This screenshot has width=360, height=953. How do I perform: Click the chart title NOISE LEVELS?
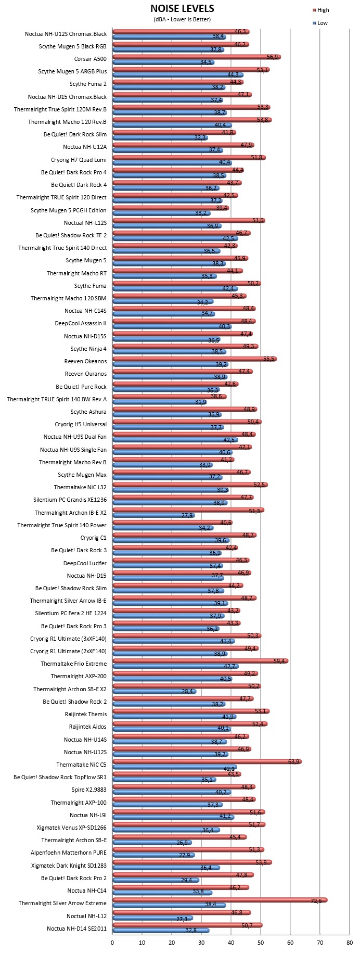pos(182,9)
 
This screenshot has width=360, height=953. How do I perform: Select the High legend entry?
pos(321,10)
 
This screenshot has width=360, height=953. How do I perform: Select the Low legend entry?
pos(320,23)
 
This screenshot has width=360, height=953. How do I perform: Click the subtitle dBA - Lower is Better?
pos(182,20)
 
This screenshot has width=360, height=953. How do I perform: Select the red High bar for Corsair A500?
pos(197,57)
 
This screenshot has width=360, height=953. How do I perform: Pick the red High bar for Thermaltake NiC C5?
pos(207,761)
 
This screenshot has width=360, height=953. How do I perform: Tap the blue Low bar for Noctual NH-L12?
pos(153,918)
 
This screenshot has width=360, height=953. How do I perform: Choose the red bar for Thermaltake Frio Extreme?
pos(200,660)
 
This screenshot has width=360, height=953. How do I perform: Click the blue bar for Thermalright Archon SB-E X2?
pos(155,691)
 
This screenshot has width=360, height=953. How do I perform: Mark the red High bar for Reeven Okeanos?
pos(195,359)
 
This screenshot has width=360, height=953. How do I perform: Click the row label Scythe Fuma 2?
pos(88,84)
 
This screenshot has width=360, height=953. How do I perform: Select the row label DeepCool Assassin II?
pos(81,323)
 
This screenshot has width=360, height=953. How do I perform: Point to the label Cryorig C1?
pos(94,538)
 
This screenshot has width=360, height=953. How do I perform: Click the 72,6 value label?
pos(317,900)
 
